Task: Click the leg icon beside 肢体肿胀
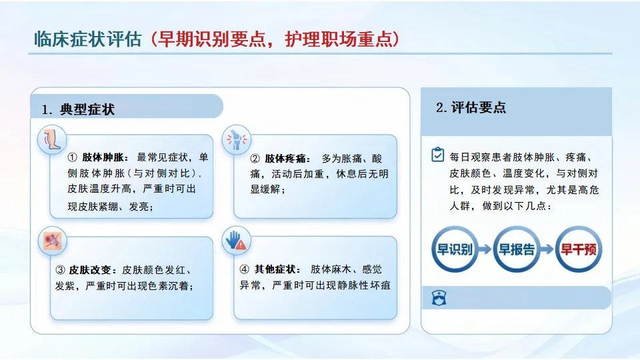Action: coord(52,139)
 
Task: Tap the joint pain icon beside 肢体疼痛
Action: coord(236,139)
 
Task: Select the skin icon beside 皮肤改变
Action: coord(52,241)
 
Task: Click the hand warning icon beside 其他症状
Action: coord(236,241)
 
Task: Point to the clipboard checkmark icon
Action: coord(437,155)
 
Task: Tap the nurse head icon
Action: coord(439,297)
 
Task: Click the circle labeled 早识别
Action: coord(455,249)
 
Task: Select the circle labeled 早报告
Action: coord(517,249)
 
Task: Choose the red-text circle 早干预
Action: coord(579,249)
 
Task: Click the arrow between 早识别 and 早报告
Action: coord(485,249)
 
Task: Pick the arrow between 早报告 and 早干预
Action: coord(547,249)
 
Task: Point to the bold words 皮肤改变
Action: coord(90,270)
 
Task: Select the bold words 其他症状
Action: coord(275,269)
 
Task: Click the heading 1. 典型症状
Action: coord(79,109)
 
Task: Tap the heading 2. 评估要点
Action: coord(471,107)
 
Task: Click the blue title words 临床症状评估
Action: coord(88,39)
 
